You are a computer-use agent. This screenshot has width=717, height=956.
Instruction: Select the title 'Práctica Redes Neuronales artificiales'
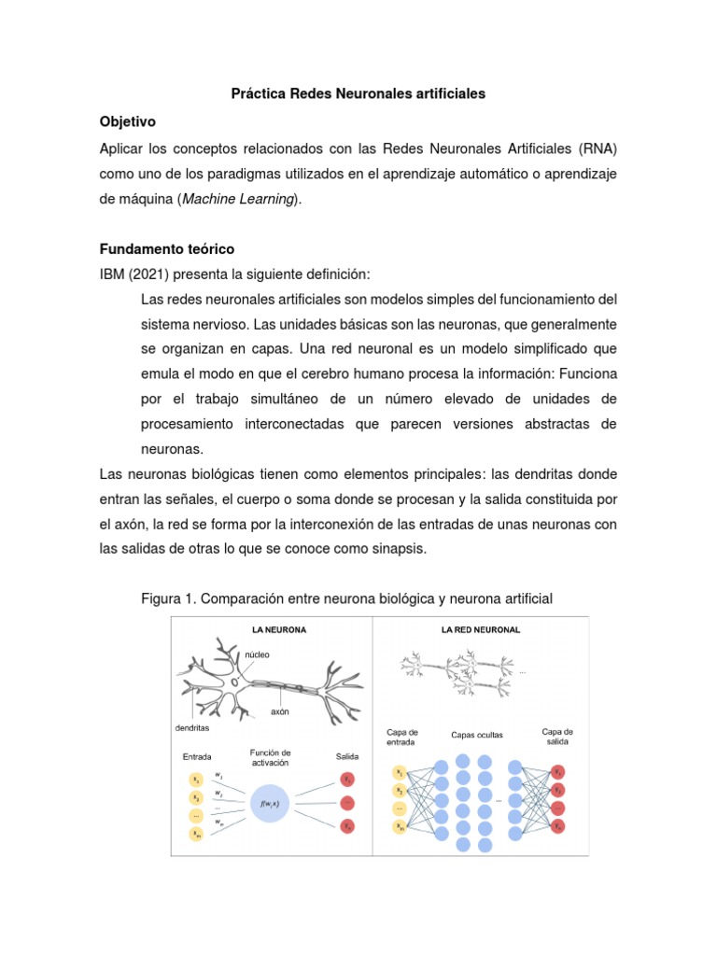358,95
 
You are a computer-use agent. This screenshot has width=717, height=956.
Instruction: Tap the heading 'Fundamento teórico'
167,249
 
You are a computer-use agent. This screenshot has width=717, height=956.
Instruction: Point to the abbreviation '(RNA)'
597,148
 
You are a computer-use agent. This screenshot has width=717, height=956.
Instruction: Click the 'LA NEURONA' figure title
278,629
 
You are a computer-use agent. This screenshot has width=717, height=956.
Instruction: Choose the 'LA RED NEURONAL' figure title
480,629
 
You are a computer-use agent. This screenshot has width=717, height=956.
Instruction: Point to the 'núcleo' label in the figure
258,654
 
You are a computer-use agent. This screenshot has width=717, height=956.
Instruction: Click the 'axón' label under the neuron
279,711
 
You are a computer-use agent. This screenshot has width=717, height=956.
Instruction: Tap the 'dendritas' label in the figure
191,727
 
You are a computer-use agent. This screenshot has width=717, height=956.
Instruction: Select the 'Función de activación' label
271,757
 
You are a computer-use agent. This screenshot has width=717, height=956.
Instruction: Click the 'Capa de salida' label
557,736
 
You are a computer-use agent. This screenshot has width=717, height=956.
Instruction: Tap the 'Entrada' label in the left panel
197,756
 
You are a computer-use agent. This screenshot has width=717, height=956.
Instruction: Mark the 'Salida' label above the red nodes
345,756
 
